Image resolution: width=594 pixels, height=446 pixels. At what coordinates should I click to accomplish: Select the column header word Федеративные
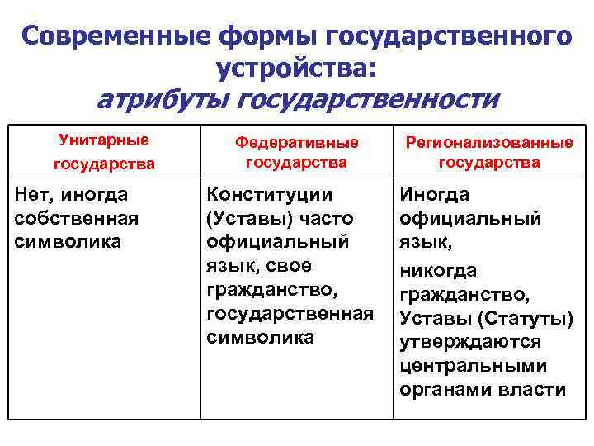point(297,142)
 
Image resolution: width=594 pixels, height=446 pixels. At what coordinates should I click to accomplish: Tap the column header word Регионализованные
point(489,142)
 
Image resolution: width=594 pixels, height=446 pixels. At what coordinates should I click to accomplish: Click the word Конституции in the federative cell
point(270,196)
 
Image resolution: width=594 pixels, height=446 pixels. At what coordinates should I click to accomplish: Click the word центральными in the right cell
point(474,366)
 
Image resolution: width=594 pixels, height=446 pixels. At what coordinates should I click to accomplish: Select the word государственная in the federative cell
point(290,314)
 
